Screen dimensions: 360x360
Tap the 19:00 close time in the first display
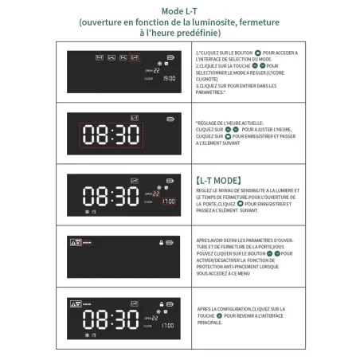tap(169, 79)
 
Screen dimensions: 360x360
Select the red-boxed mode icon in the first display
tap(135, 58)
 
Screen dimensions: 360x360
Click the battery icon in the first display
tap(170, 57)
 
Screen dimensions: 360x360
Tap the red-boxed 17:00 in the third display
tap(168, 202)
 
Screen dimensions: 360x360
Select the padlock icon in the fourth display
tap(160, 242)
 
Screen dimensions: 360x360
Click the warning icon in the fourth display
tap(74, 242)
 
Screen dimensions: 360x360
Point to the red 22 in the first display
tap(156, 71)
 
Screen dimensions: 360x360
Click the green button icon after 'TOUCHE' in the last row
tap(217, 316)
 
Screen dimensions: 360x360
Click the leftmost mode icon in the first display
tap(100, 58)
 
